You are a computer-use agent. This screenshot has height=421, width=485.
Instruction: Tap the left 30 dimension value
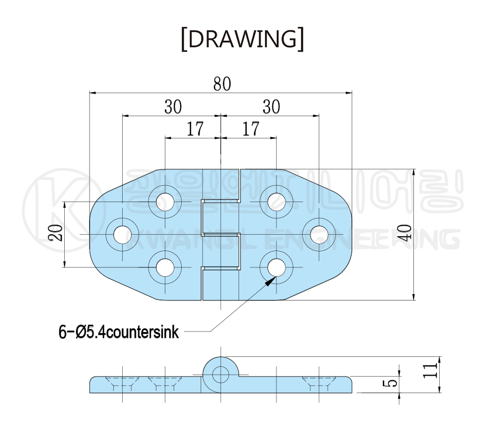(173, 107)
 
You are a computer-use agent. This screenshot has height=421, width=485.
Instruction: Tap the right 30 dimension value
(271, 107)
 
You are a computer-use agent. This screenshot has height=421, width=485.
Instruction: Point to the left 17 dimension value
(195, 129)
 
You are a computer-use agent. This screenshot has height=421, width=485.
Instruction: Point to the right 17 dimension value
(251, 129)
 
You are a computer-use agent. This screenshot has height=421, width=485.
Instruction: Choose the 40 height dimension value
(404, 233)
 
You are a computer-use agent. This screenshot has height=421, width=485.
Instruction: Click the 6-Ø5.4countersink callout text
(119, 332)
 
